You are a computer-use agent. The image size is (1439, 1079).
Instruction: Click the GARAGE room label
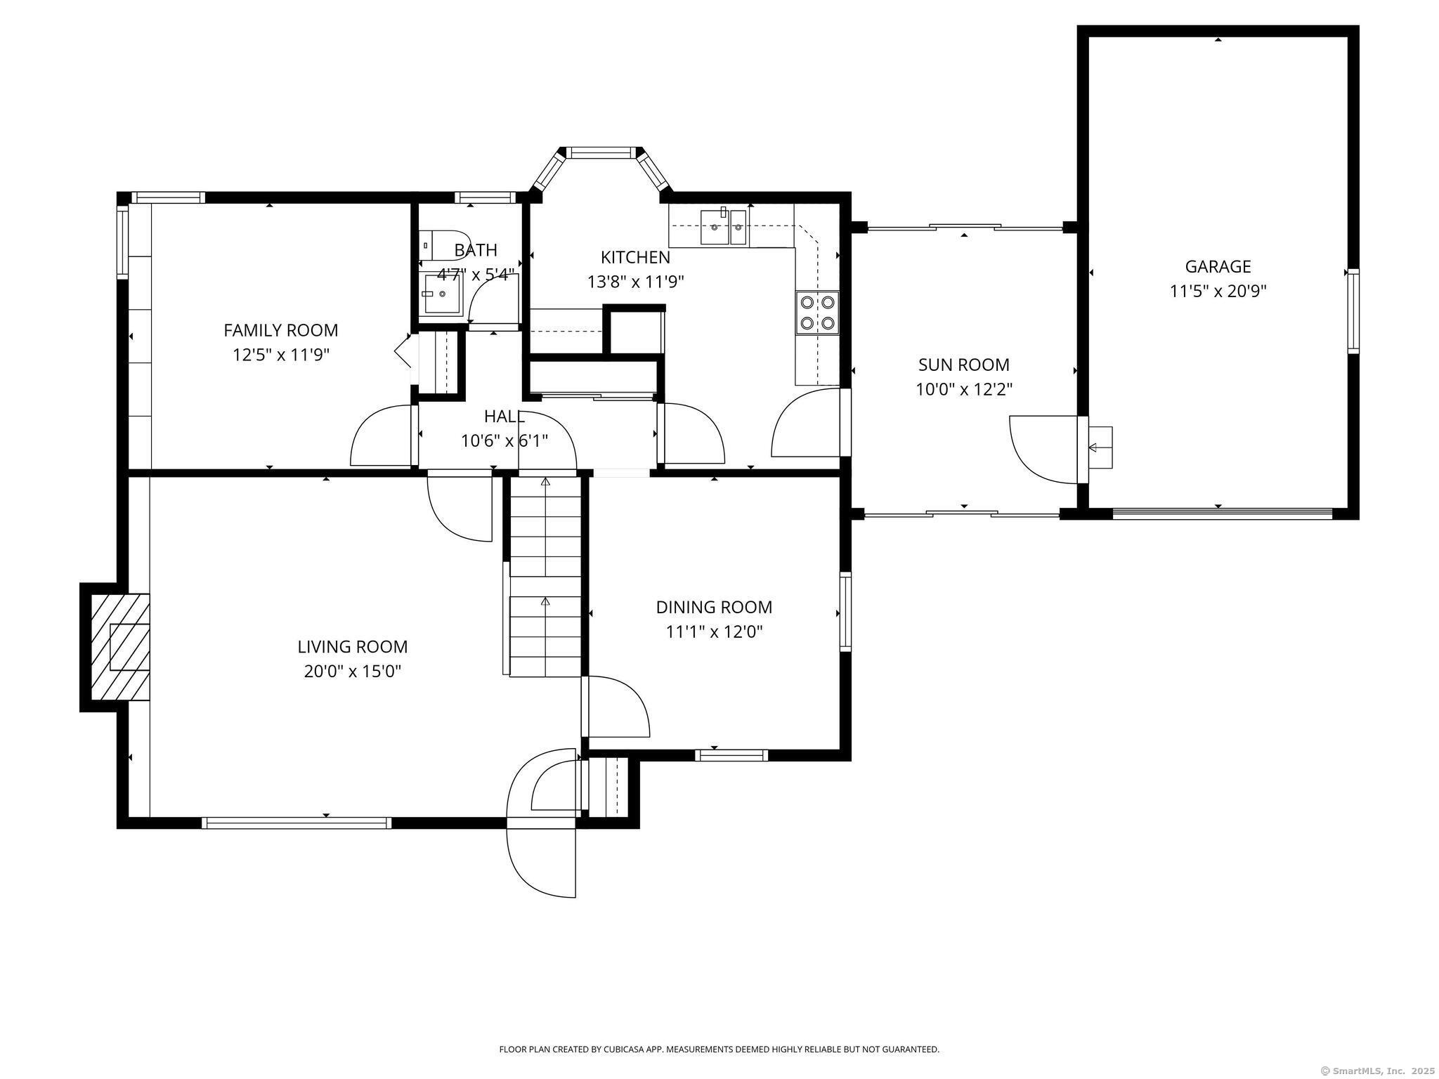[x=1218, y=267]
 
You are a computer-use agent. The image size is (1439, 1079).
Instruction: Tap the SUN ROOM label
[x=963, y=365]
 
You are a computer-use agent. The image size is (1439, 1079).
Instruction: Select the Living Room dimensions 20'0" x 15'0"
[x=352, y=671]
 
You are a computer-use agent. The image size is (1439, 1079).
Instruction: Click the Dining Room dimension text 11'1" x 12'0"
[x=714, y=632]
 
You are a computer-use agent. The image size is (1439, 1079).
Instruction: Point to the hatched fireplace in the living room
[x=120, y=647]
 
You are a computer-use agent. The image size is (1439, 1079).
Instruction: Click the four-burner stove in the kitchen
[x=817, y=313]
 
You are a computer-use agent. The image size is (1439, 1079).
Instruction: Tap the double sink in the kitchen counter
[x=723, y=227]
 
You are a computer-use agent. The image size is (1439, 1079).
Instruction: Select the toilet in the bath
[x=443, y=245]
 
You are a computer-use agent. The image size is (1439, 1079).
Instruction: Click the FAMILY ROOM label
[x=280, y=330]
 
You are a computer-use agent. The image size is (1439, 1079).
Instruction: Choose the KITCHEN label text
[x=635, y=257]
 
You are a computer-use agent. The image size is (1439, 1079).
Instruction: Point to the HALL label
[x=504, y=417]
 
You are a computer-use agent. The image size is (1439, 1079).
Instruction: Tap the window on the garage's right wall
[x=1353, y=310]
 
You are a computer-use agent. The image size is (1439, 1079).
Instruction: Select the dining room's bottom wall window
[x=731, y=755]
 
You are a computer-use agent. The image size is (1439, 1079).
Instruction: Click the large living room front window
[x=296, y=823]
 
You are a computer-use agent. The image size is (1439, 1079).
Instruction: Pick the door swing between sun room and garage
[x=1043, y=450]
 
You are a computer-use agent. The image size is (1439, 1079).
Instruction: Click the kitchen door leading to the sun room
[x=807, y=423]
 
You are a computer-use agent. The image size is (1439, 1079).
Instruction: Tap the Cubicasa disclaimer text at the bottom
[x=719, y=1049]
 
